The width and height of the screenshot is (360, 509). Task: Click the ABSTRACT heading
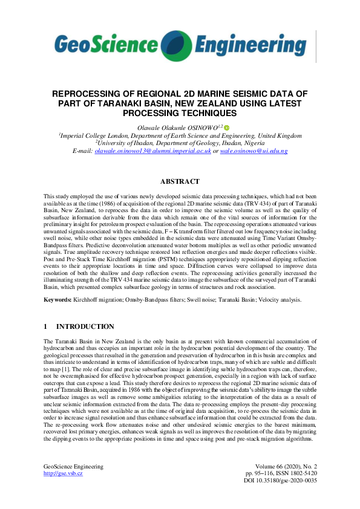pos(180,181)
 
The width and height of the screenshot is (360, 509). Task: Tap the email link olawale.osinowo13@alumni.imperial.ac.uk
pos(153,151)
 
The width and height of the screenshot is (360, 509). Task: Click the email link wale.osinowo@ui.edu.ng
pos(254,151)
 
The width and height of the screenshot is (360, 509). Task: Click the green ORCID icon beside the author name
pos(227,128)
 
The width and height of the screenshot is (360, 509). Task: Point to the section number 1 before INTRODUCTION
pos(45,326)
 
